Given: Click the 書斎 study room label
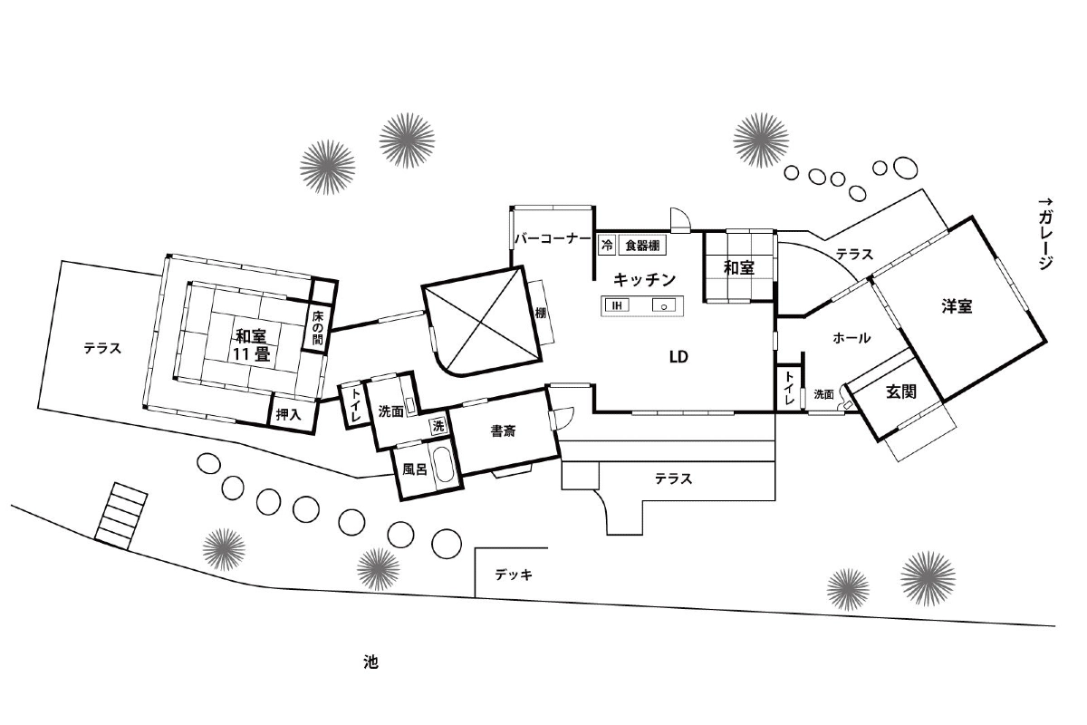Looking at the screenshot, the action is pyautogui.click(x=504, y=430).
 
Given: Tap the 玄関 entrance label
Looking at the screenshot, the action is pyautogui.click(x=901, y=391).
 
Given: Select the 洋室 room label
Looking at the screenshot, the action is pyautogui.click(x=957, y=306).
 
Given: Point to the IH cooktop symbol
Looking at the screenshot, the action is pyautogui.click(x=617, y=305).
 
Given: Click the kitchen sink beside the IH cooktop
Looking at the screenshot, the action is pyautogui.click(x=664, y=305).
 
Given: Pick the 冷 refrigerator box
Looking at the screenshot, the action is pyautogui.click(x=607, y=246).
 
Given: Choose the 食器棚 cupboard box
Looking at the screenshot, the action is pyautogui.click(x=642, y=246).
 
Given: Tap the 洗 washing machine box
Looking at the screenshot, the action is pyautogui.click(x=438, y=426).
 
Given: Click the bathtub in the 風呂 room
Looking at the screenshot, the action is pyautogui.click(x=444, y=464).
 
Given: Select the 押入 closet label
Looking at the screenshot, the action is pyautogui.click(x=289, y=414).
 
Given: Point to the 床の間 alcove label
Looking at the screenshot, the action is pyautogui.click(x=317, y=327).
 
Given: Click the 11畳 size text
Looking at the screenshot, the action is pyautogui.click(x=251, y=354).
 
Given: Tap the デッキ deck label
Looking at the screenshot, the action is pyautogui.click(x=514, y=575).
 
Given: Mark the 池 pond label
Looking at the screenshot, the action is pyautogui.click(x=370, y=662).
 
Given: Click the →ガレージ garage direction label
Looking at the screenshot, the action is pyautogui.click(x=1045, y=234).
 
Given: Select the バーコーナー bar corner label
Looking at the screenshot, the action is pyautogui.click(x=553, y=238).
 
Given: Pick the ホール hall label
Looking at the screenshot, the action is pyautogui.click(x=851, y=338).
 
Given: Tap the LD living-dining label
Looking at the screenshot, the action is pyautogui.click(x=678, y=357).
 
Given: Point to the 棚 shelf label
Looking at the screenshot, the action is pyautogui.click(x=541, y=313).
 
